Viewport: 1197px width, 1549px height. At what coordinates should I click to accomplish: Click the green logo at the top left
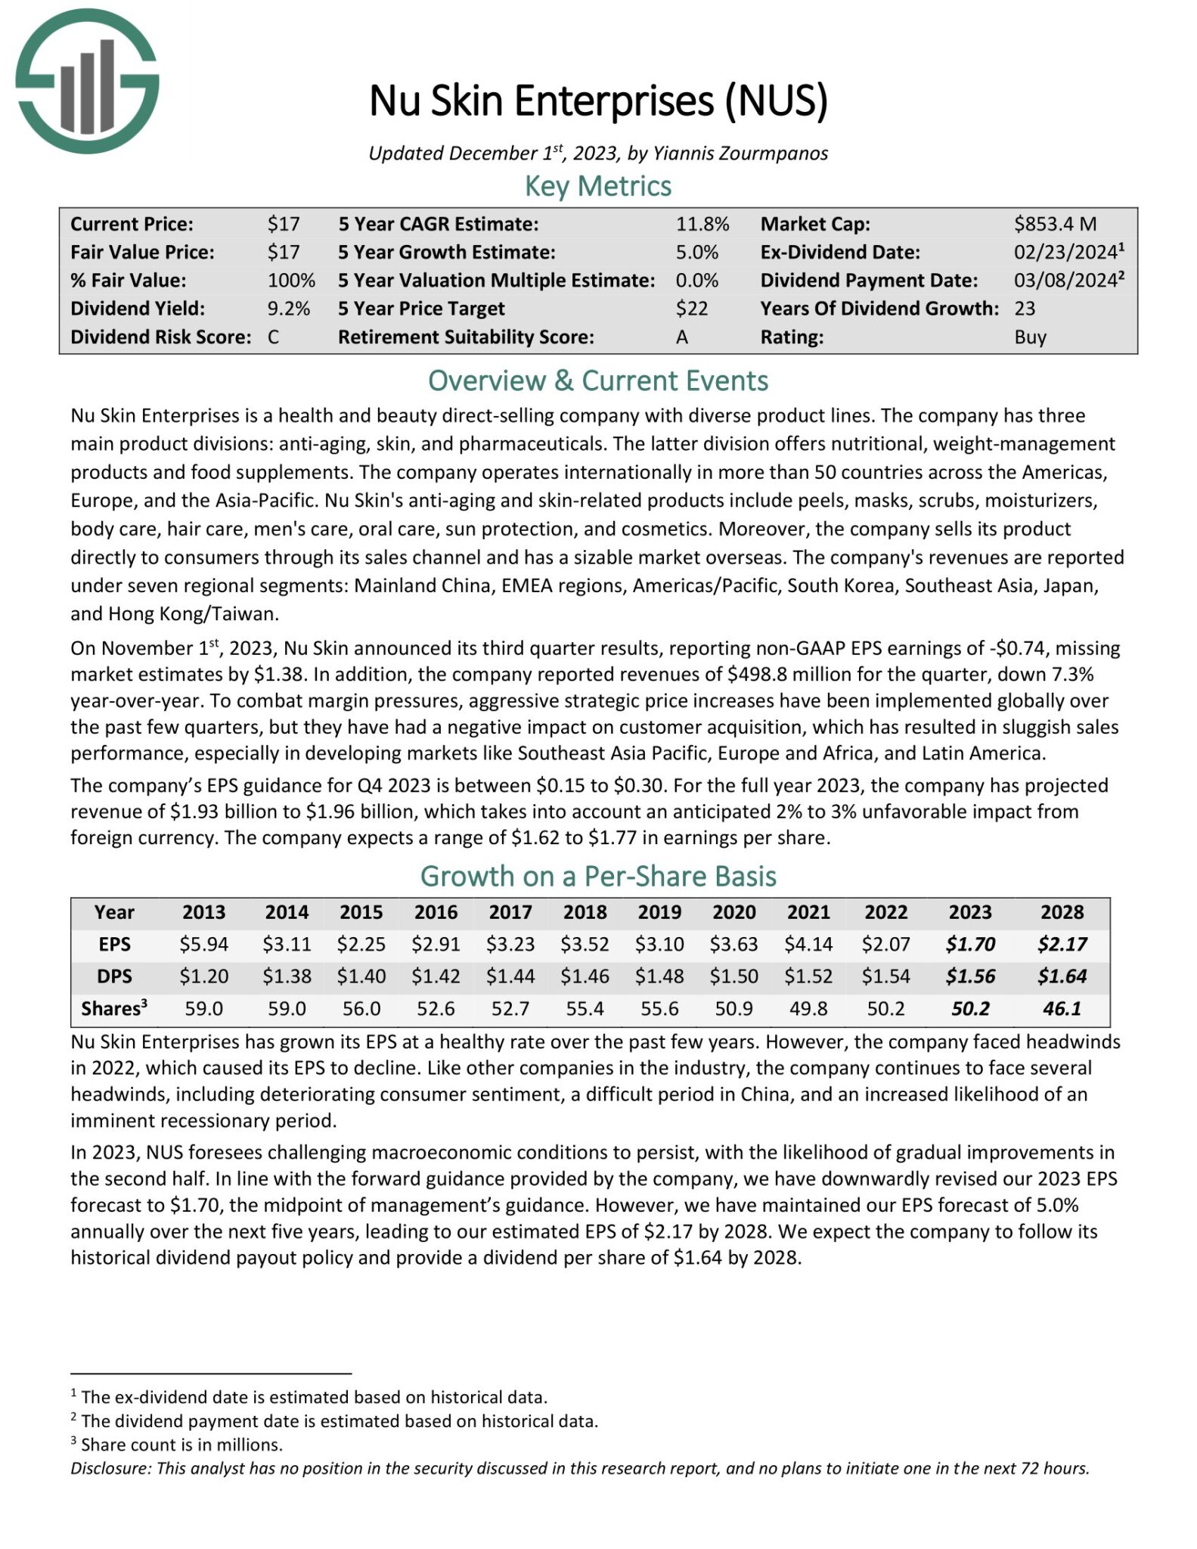click(87, 81)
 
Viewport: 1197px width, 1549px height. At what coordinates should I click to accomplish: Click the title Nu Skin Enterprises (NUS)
click(598, 101)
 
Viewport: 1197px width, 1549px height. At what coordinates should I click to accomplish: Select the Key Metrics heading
click(598, 186)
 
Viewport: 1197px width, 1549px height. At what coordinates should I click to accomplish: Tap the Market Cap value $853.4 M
click(1055, 224)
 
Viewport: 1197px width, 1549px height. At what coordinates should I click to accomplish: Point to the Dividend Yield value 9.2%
click(289, 309)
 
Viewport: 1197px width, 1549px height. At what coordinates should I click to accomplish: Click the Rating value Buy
click(1030, 337)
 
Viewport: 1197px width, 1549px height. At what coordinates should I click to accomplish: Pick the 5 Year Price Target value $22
click(692, 309)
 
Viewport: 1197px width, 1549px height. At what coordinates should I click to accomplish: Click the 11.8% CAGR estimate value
click(702, 224)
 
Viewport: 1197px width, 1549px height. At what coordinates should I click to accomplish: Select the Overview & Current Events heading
click(598, 380)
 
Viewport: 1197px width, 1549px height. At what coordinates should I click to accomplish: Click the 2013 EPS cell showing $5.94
click(203, 944)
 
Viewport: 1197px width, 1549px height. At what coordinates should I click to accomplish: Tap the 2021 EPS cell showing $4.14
click(808, 944)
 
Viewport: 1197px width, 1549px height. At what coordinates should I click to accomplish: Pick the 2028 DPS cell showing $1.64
click(1062, 976)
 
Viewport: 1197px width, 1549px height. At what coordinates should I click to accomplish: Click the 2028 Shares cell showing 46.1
click(1062, 1008)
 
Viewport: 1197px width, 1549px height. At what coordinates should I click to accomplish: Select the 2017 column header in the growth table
click(510, 912)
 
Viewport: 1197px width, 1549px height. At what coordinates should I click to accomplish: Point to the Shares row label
click(113, 1008)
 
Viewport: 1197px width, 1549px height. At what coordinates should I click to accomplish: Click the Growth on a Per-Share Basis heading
click(598, 876)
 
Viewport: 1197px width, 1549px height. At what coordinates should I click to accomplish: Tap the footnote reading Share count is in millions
click(181, 1445)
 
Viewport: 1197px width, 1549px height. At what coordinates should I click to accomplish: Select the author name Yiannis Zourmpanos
click(740, 154)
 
